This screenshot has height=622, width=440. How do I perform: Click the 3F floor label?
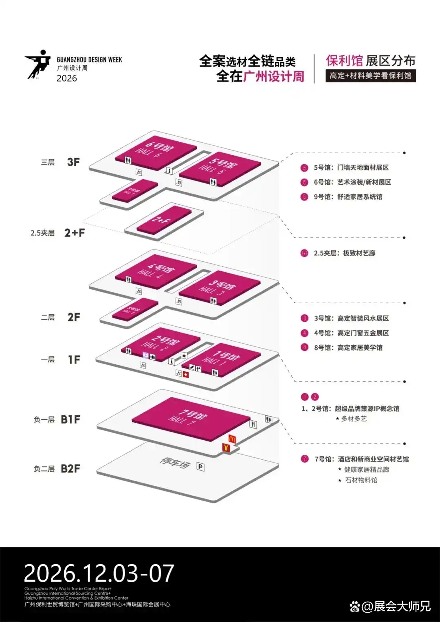pyautogui.click(x=73, y=162)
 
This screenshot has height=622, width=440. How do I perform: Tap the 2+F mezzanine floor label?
pyautogui.click(x=75, y=233)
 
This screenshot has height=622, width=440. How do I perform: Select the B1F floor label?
pyautogui.click(x=70, y=419)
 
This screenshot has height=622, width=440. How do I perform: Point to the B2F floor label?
pyautogui.click(x=70, y=469)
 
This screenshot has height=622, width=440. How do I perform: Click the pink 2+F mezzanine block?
pyautogui.click(x=164, y=220)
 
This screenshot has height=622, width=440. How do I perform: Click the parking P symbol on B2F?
pyautogui.click(x=200, y=466)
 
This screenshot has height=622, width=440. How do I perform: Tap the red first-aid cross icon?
pyautogui.click(x=186, y=375)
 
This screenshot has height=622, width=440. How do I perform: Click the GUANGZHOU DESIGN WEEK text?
pyautogui.click(x=89, y=60)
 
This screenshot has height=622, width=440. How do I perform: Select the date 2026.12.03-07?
pyautogui.click(x=99, y=573)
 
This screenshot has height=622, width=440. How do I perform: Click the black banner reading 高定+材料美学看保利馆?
pyautogui.click(x=370, y=76)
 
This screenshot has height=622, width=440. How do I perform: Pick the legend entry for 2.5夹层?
pyautogui.click(x=344, y=253)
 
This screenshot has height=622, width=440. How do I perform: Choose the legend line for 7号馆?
pyautogui.click(x=361, y=459)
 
